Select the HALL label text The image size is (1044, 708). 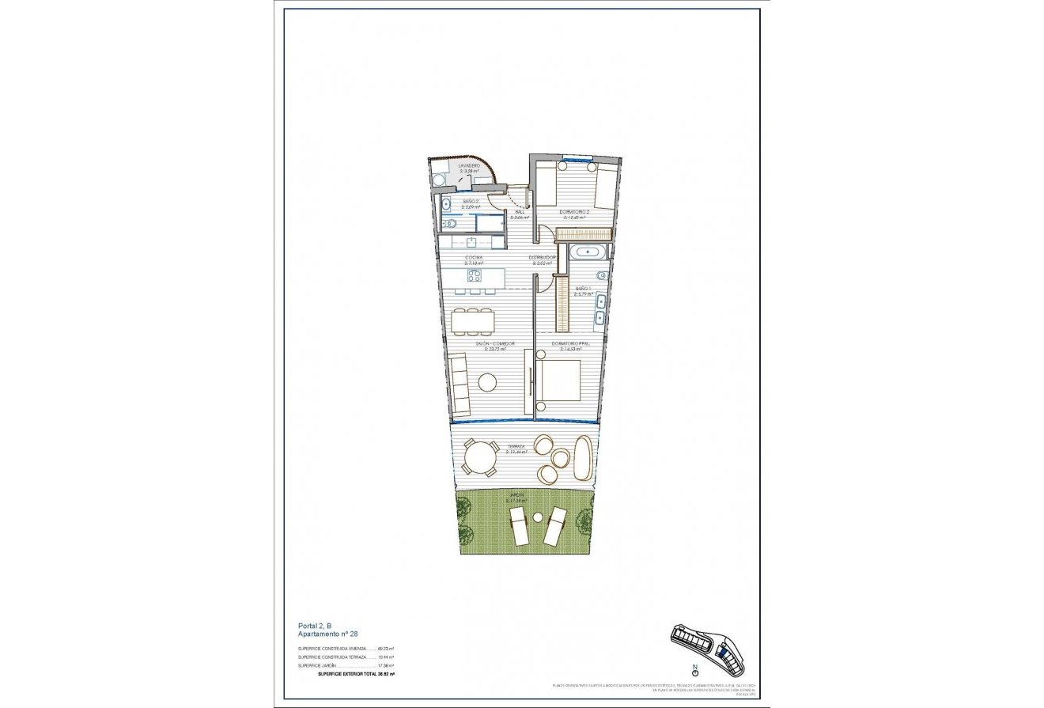[520, 211]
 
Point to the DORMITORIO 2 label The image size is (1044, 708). [573, 212]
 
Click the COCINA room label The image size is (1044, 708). [474, 258]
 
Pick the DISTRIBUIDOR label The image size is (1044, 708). [543, 258]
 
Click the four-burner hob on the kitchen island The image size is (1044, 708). [474, 276]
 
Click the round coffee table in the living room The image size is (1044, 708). [487, 382]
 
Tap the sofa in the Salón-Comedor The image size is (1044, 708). [459, 385]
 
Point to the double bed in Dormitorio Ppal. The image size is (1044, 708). [560, 384]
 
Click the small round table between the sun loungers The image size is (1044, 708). [538, 517]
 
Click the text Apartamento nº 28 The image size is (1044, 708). [327, 634]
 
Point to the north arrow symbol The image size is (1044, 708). [694, 672]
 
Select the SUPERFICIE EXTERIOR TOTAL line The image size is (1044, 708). [355, 674]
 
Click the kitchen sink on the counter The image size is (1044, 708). [471, 242]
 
